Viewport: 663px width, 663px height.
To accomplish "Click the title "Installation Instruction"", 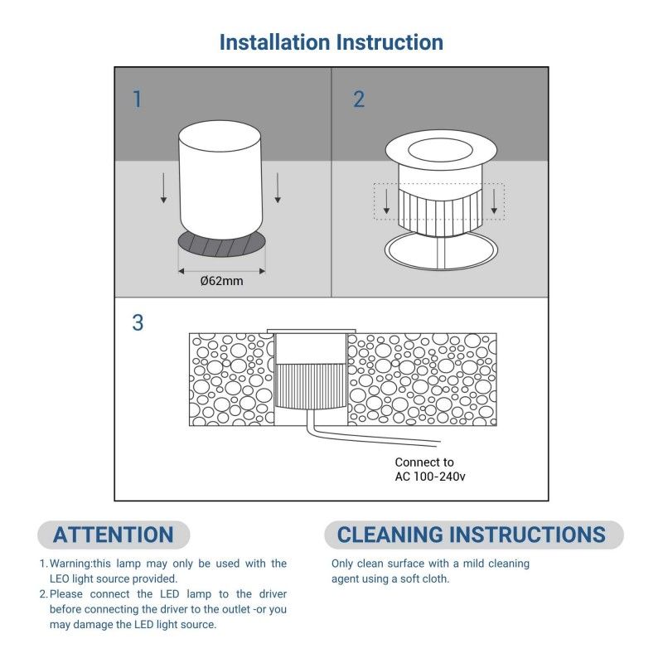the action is (331, 42).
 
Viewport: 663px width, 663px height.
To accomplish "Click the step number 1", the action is (138, 99).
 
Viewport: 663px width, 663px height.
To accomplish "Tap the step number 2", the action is (359, 99).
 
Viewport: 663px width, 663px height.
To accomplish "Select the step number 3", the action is (138, 322).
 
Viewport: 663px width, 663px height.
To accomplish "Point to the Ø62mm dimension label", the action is (221, 281).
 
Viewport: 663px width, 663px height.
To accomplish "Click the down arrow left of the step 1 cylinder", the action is (163, 188).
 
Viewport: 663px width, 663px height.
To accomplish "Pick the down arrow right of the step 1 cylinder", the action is (278, 188).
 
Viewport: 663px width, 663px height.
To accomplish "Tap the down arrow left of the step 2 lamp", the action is (386, 201).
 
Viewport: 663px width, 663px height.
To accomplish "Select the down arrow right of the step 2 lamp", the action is (494, 201).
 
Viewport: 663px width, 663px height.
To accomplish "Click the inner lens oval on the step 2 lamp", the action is (440, 149).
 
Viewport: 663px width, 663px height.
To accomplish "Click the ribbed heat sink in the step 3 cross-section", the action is (311, 386).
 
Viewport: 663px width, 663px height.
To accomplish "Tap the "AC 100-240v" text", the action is (430, 477).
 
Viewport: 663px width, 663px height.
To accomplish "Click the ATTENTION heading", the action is (114, 535).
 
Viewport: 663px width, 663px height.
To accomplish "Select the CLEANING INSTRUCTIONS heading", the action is (472, 535).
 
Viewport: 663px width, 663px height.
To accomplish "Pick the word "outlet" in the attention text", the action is (236, 609).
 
